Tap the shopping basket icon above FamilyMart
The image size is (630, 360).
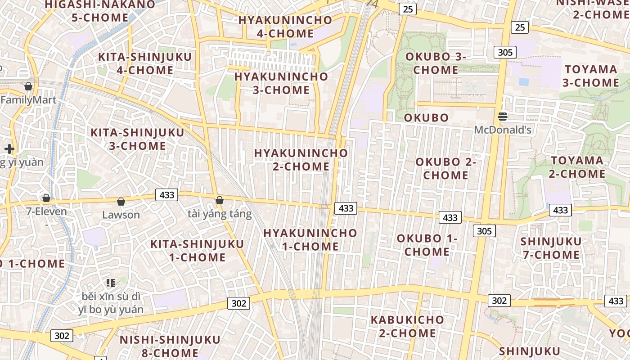29,86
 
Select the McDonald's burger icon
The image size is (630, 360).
503,117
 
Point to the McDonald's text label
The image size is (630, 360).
503,130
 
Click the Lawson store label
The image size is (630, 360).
121,215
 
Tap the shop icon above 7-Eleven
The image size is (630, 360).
46,198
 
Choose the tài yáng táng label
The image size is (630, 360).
220,213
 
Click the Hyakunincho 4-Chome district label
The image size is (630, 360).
285,27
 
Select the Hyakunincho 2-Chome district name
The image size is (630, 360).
301,159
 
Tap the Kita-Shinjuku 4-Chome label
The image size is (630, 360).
145,63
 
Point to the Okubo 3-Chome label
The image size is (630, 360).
436,63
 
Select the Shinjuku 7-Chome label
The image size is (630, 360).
551,248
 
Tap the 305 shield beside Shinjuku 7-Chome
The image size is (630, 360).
484,231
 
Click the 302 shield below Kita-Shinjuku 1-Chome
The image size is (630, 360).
238,303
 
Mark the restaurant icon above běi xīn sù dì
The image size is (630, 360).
111,283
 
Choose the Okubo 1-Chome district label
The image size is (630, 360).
427,245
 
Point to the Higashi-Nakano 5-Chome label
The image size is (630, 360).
100,11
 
